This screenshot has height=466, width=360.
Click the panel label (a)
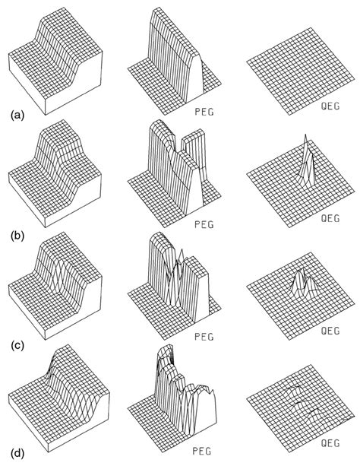17,115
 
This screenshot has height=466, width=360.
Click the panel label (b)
17,236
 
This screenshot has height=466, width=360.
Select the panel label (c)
17,346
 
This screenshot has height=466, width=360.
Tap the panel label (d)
17,453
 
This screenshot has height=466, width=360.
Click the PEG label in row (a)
204,112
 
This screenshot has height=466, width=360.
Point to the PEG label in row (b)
204,224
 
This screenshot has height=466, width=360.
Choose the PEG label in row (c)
204,337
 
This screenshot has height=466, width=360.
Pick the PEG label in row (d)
202,451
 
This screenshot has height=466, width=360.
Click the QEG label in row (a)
330,106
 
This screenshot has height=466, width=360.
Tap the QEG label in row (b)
330,218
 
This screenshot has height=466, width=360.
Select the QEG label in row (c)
330,331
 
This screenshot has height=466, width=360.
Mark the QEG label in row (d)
330,443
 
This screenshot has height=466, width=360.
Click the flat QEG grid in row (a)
301,71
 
